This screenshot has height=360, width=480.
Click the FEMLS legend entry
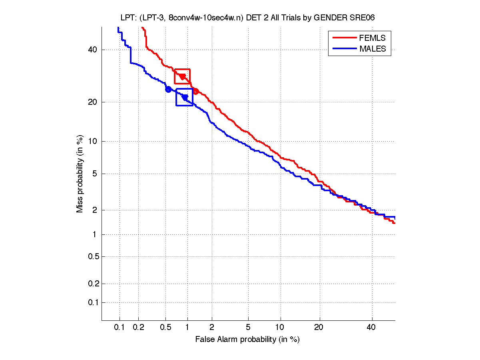tap(372, 38)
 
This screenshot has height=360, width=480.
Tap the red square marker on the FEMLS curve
tap(182, 76)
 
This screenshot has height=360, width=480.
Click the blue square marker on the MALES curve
tap(184, 97)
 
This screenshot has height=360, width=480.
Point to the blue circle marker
tap(169, 89)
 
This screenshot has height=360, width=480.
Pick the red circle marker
tap(196, 91)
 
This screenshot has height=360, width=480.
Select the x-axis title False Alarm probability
tap(247, 340)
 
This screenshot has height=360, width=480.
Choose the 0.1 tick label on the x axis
tap(120, 328)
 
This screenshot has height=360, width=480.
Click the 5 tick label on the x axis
tap(248, 328)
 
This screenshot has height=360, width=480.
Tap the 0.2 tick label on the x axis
tap(138, 328)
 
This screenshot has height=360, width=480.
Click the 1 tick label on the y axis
tap(95, 235)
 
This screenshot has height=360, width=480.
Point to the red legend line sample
tap(344, 38)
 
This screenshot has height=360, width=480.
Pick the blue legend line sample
tap(344, 49)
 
